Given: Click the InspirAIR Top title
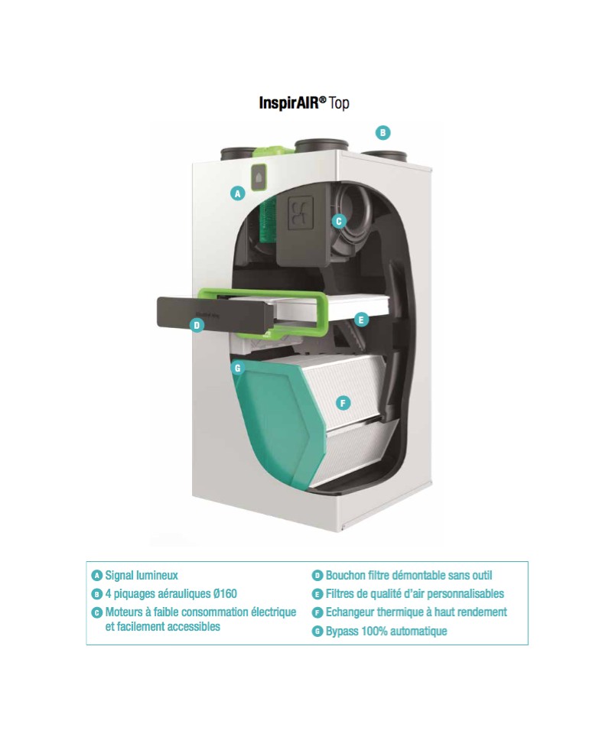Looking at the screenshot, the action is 304,102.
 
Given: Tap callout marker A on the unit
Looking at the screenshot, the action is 238,193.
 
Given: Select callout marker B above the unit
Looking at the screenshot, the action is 383,132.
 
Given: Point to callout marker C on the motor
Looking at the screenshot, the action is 339,221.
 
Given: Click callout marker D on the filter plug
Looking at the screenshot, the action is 197,326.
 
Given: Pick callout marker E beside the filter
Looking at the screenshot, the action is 360,320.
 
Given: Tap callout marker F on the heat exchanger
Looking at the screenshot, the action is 343,403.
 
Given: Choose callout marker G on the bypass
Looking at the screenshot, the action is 237,368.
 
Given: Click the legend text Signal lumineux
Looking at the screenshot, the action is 142,575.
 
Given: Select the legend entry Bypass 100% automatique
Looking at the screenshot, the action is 386,631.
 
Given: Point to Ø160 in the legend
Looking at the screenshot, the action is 225,593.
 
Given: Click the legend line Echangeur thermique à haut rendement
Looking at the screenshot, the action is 416,612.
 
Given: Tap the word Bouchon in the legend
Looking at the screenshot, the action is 346,575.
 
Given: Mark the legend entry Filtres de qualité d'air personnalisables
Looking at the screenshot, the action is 415,593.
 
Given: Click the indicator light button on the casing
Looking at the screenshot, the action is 259,177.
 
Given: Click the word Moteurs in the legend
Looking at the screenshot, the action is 123,612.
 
